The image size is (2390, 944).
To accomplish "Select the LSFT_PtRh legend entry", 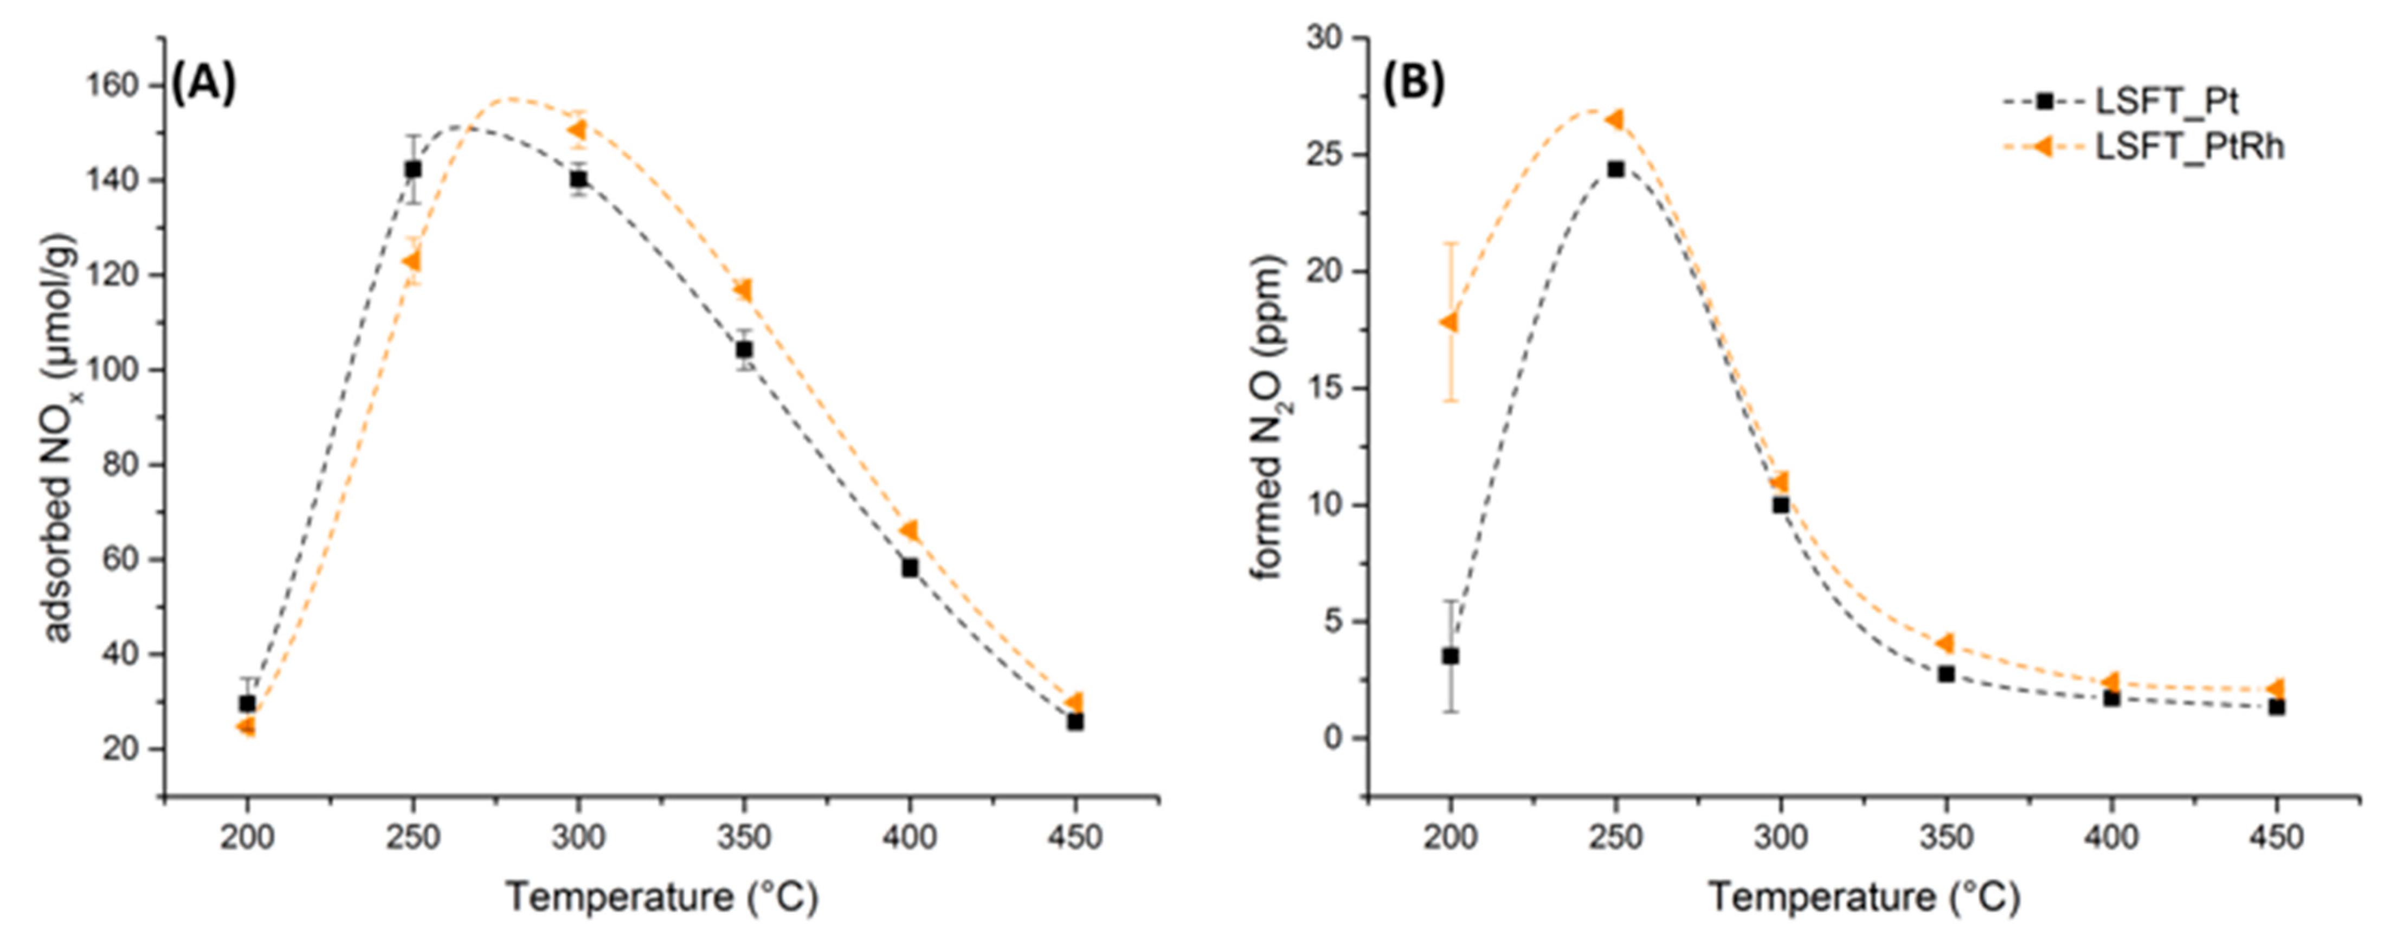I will (2189, 146).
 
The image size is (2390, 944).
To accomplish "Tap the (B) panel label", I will (1414, 84).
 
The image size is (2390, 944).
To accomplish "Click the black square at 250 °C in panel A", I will (413, 169).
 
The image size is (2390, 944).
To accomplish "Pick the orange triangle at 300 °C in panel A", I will (577, 129).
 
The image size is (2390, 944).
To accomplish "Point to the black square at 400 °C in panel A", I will (909, 567).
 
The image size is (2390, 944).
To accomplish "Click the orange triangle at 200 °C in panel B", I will (1449, 322).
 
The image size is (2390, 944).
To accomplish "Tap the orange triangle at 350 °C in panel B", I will (1946, 643).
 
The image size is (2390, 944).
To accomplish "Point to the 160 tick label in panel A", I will (112, 85).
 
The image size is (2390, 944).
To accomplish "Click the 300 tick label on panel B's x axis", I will (1780, 837).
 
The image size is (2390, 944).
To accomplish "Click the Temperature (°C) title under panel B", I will (1865, 897).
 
